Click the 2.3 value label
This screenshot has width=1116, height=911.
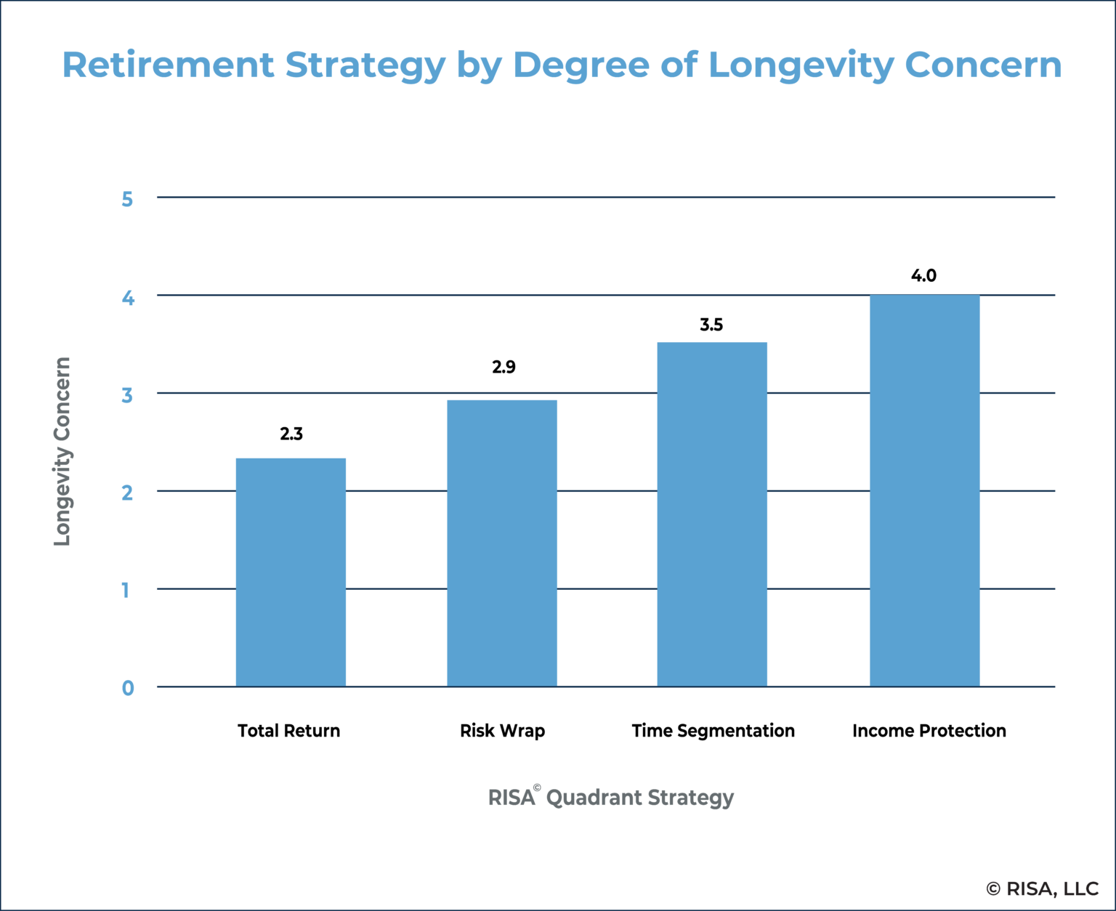click(x=291, y=434)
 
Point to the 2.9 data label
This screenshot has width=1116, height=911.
click(x=504, y=368)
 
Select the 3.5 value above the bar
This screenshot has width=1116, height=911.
click(x=711, y=325)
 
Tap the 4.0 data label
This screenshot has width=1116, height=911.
click(x=923, y=276)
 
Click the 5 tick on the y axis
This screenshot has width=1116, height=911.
click(x=128, y=199)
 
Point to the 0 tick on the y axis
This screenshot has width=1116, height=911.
click(x=128, y=688)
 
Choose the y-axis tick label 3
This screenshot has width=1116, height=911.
click(x=128, y=395)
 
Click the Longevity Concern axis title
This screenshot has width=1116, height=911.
click(x=62, y=451)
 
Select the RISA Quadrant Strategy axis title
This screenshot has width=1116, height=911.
click(x=611, y=798)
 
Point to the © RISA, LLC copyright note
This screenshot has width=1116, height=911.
click(x=1042, y=888)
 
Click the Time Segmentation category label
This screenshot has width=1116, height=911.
click(x=713, y=731)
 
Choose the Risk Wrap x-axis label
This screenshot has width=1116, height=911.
click(x=502, y=731)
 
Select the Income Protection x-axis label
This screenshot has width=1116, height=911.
click(x=929, y=731)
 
